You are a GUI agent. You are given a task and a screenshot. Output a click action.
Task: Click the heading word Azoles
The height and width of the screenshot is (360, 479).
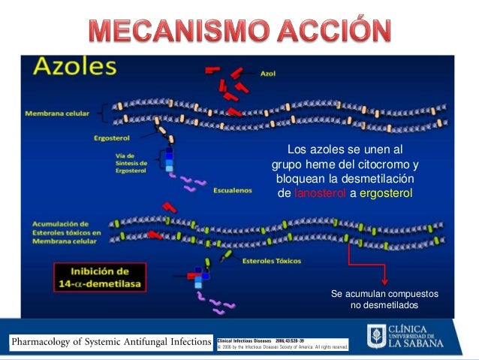pyautogui.click(x=74, y=68)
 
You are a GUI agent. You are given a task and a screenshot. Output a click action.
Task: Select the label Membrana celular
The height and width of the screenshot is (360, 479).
pyautogui.click(x=56, y=113)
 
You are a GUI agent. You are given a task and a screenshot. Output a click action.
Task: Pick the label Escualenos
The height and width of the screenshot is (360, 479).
pyautogui.click(x=230, y=189)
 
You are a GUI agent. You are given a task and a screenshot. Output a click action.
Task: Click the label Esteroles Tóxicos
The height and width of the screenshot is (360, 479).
pyautogui.click(x=271, y=261)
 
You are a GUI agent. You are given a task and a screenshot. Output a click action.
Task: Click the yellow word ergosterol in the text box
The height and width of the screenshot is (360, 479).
pyautogui.click(x=386, y=193)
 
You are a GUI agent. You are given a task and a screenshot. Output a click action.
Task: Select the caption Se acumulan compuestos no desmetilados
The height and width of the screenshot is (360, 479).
pyautogui.click(x=375, y=298)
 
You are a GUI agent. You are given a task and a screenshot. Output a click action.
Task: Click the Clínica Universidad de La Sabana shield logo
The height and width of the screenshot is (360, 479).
pyautogui.click(x=375, y=337)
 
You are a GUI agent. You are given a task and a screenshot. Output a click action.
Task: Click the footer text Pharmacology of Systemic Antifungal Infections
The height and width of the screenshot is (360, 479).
pyautogui.click(x=110, y=343)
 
